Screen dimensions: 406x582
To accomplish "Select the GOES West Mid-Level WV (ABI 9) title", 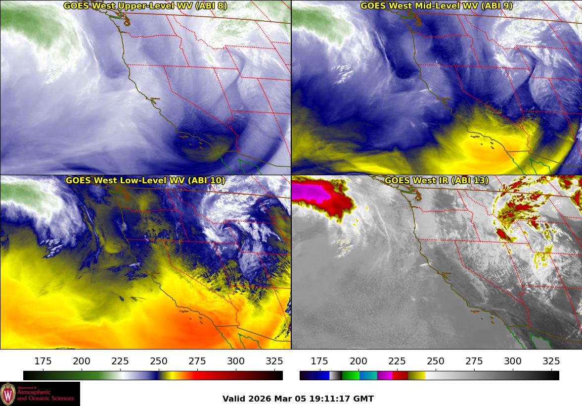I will point(436,6).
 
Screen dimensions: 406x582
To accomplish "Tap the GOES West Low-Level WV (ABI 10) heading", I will point(145,181).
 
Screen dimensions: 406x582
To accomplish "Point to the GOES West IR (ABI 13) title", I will point(436,181).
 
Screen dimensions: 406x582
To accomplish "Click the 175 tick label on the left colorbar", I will point(44,361).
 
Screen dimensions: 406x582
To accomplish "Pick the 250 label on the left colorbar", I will point(159,361).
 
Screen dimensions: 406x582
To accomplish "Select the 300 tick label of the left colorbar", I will point(236,361).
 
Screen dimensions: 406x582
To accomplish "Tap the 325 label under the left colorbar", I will point(274,361).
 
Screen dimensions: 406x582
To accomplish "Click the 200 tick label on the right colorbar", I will point(358,361).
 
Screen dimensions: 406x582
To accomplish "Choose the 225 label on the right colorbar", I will point(397,361).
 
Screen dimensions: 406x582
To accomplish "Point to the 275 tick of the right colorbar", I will point(474,361).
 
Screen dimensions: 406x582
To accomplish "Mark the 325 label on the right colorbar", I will point(551,361).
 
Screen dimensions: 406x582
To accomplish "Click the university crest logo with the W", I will point(8,394).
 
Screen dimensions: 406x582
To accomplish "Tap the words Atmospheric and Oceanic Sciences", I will point(45,395).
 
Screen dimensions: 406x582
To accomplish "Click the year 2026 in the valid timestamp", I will point(257,399).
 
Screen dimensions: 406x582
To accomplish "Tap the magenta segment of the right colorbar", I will point(385,375).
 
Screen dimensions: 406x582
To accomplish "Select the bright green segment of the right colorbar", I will point(350,375).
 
